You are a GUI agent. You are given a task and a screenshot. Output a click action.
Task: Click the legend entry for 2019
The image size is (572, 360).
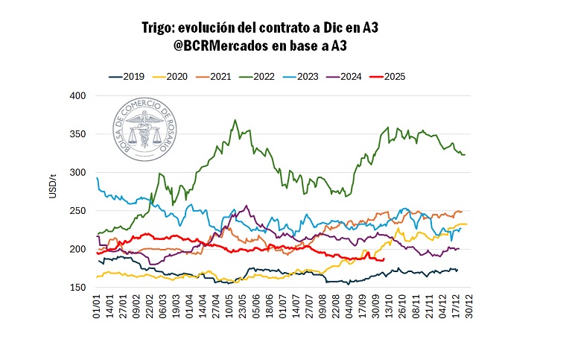click(127, 76)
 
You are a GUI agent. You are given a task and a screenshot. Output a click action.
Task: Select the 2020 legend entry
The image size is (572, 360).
click(169, 76)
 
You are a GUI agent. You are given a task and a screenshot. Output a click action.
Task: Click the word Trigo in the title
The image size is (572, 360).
click(159, 28)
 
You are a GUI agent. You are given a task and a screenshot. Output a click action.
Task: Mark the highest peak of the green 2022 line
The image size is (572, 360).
click(235, 119)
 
